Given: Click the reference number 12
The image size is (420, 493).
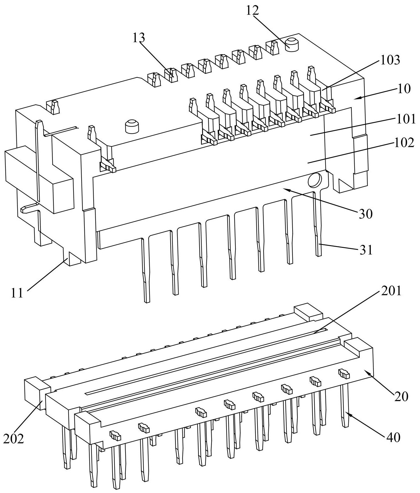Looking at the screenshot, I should [x=252, y=11].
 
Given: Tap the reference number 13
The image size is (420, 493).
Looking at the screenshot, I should [x=139, y=38].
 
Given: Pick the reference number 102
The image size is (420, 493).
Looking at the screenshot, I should [x=404, y=143].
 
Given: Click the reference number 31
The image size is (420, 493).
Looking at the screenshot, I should [x=365, y=250].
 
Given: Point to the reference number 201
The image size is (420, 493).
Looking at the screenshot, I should [x=390, y=291].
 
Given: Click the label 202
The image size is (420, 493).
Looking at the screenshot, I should [x=13, y=438].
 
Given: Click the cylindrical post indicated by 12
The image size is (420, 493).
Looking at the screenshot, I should [x=292, y=45].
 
